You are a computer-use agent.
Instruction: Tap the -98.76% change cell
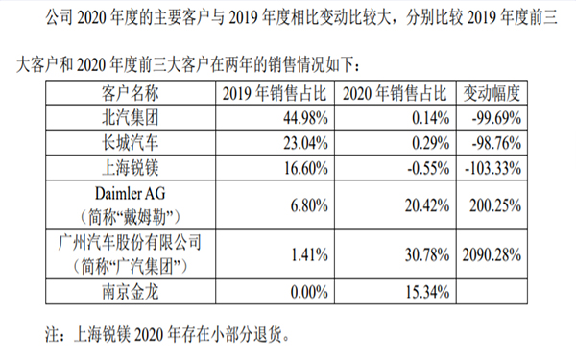[x=498, y=142]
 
